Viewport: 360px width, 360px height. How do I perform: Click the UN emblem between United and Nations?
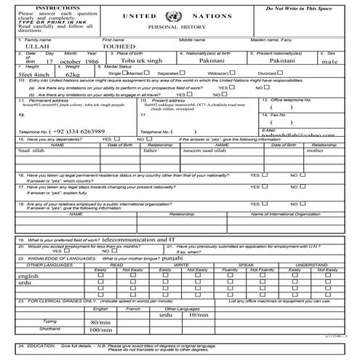pos(171,15)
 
